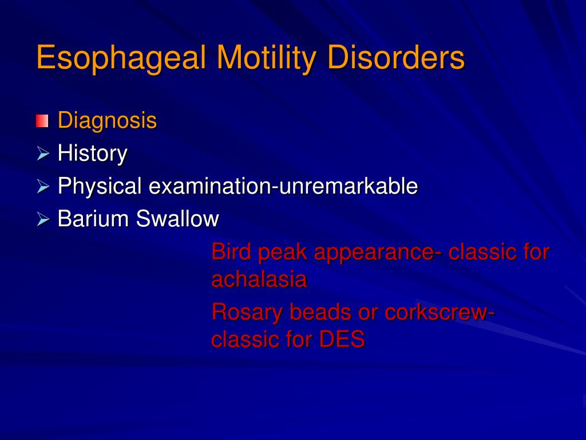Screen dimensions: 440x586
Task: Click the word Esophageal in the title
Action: pyautogui.click(x=121, y=60)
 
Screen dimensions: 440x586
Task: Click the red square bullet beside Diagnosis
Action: pyautogui.click(x=42, y=121)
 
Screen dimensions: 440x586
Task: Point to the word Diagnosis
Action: pyautogui.click(x=107, y=121)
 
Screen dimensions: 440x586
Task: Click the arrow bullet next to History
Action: pyautogui.click(x=43, y=154)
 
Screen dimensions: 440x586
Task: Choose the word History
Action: pyautogui.click(x=92, y=154)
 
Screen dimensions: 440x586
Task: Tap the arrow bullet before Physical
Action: pyautogui.click(x=43, y=186)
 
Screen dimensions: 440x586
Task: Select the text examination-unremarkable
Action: pyautogui.click(x=283, y=186)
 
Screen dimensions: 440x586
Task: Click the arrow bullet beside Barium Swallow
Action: pyautogui.click(x=43, y=219)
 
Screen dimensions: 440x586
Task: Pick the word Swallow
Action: pyautogui.click(x=177, y=219)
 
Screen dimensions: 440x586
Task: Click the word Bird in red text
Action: pyautogui.click(x=231, y=252)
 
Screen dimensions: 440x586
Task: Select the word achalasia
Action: pyautogui.click(x=259, y=280)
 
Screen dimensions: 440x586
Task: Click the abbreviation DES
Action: pyautogui.click(x=342, y=340)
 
